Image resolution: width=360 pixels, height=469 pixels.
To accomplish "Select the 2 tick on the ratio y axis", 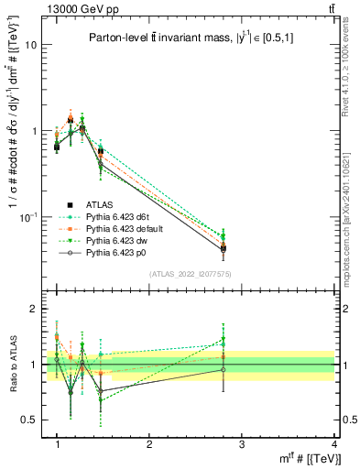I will [33, 310].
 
